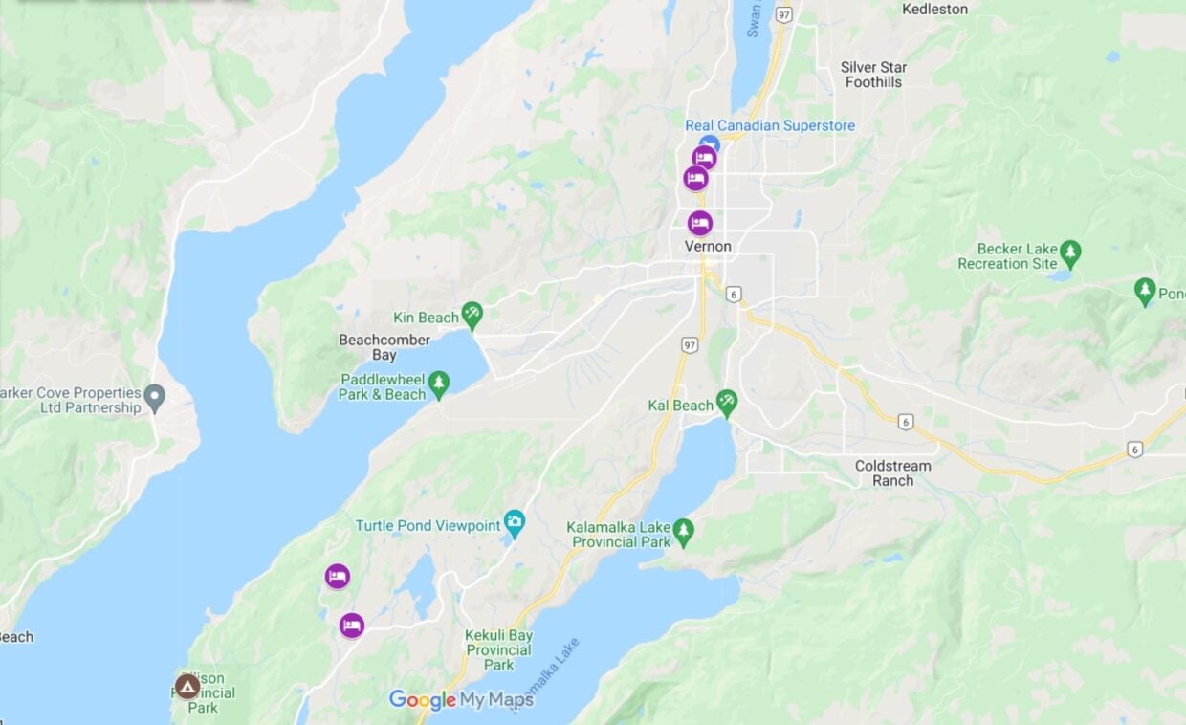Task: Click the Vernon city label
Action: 708,247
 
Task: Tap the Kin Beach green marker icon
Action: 472,313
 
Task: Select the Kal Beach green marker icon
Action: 727,403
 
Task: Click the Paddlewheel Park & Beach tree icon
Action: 439,384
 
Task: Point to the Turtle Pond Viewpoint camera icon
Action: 515,523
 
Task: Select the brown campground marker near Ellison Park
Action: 187,686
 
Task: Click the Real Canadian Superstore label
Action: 770,125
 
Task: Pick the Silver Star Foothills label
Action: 873,75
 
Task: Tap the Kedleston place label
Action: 934,10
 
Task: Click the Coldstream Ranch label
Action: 892,473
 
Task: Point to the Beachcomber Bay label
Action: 384,347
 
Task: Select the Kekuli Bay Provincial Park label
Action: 498,649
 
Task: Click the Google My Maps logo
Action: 461,700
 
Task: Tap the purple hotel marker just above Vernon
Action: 699,223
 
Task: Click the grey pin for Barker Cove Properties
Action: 155,394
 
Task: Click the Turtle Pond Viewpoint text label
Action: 428,526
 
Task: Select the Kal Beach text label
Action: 680,406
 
